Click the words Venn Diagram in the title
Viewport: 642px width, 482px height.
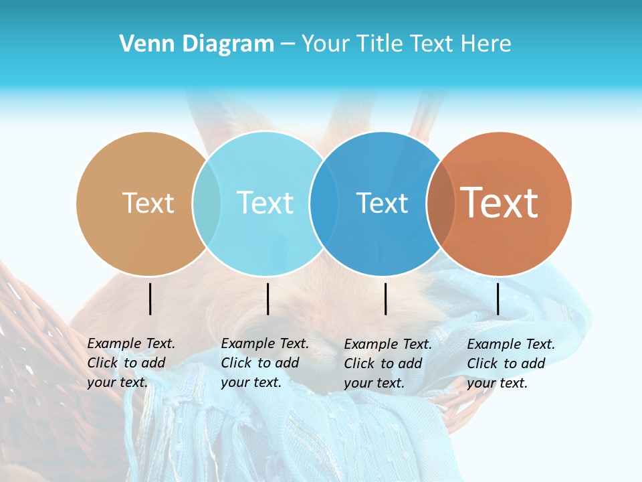pos(197,44)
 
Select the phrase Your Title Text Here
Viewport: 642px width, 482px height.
pos(406,44)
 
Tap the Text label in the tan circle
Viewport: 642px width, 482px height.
pos(148,203)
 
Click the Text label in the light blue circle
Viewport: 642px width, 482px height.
pos(265,203)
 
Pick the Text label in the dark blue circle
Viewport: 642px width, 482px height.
pos(382,203)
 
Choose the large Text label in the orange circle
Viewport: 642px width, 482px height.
pos(500,203)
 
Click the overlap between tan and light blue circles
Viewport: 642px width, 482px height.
pos(207,204)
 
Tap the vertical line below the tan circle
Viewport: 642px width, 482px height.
pos(150,299)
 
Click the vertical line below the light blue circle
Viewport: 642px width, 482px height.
pos(267,299)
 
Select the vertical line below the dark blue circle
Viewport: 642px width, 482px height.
pos(385,299)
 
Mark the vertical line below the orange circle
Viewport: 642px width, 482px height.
pos(498,299)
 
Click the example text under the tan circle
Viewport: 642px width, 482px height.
pos(130,363)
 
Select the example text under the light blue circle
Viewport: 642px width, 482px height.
pos(264,363)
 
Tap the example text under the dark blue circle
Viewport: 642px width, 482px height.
pos(387,364)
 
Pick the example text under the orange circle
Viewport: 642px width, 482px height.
pos(510,364)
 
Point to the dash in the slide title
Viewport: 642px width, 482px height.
pos(288,44)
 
